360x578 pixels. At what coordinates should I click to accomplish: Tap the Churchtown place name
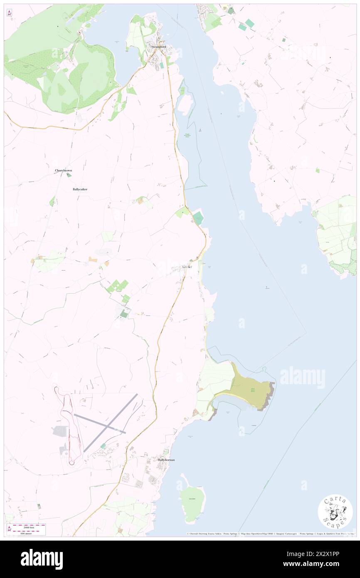[64, 170]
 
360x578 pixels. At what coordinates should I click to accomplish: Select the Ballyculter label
[80, 189]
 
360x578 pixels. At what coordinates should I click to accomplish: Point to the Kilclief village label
[187, 267]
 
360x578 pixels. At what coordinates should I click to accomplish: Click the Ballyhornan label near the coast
[166, 460]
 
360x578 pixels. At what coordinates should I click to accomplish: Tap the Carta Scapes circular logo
[335, 511]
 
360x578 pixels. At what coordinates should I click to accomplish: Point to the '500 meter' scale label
[29, 533]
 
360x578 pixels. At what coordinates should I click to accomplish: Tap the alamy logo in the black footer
[42, 559]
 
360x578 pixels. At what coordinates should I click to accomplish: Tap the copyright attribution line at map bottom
[270, 534]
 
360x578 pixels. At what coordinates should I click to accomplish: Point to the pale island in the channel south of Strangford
[185, 104]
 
